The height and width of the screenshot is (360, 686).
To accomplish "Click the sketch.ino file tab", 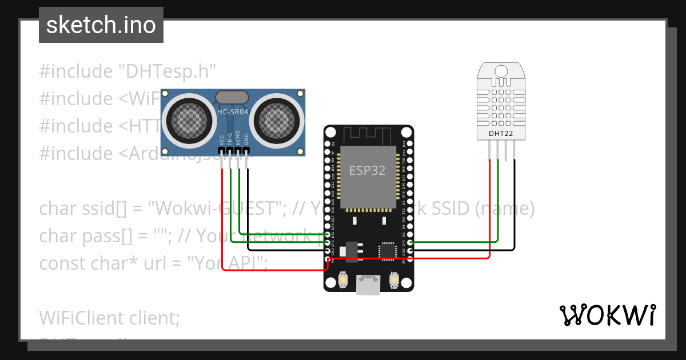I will click(101, 25).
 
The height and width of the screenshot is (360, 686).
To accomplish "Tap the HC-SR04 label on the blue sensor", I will click(233, 112).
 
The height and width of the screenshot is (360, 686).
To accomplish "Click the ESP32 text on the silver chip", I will click(367, 170).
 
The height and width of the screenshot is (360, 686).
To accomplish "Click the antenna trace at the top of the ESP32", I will click(368, 136).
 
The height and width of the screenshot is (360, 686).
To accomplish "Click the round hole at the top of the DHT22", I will click(501, 71).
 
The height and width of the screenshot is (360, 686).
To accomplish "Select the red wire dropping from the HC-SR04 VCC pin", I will click(222, 217).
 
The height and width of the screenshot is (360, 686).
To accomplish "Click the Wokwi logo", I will click(607, 315).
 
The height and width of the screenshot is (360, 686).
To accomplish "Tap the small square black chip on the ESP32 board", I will click(387, 251).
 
